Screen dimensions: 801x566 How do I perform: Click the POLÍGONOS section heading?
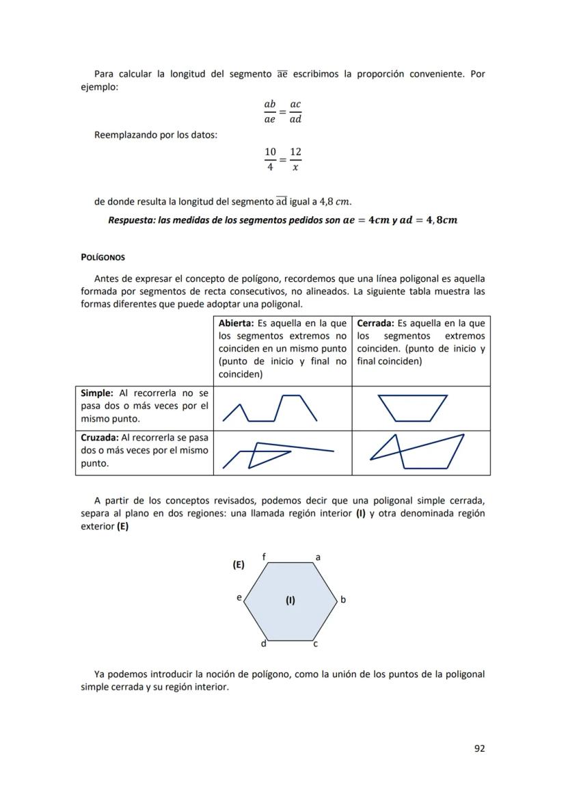(103, 258)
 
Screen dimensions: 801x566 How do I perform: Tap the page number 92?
(479, 748)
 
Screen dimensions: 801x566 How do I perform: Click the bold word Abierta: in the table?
(237, 324)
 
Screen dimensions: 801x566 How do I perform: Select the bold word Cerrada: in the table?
(375, 324)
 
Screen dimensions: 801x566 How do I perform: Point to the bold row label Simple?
(97, 393)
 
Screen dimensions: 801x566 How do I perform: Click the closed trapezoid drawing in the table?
(412, 408)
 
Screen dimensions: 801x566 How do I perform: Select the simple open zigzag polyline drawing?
(270, 408)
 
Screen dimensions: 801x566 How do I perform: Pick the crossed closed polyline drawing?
(417, 451)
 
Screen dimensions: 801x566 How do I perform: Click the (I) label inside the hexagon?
(291, 601)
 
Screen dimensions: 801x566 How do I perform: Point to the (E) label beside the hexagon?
(239, 565)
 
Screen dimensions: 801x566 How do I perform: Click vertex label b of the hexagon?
(343, 600)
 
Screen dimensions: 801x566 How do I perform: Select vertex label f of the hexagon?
(265, 557)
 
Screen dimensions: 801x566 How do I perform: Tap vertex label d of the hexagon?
(263, 644)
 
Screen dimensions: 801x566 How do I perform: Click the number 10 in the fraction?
(270, 151)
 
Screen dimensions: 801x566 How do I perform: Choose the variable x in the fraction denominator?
(295, 167)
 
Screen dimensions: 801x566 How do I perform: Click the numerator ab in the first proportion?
(270, 104)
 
